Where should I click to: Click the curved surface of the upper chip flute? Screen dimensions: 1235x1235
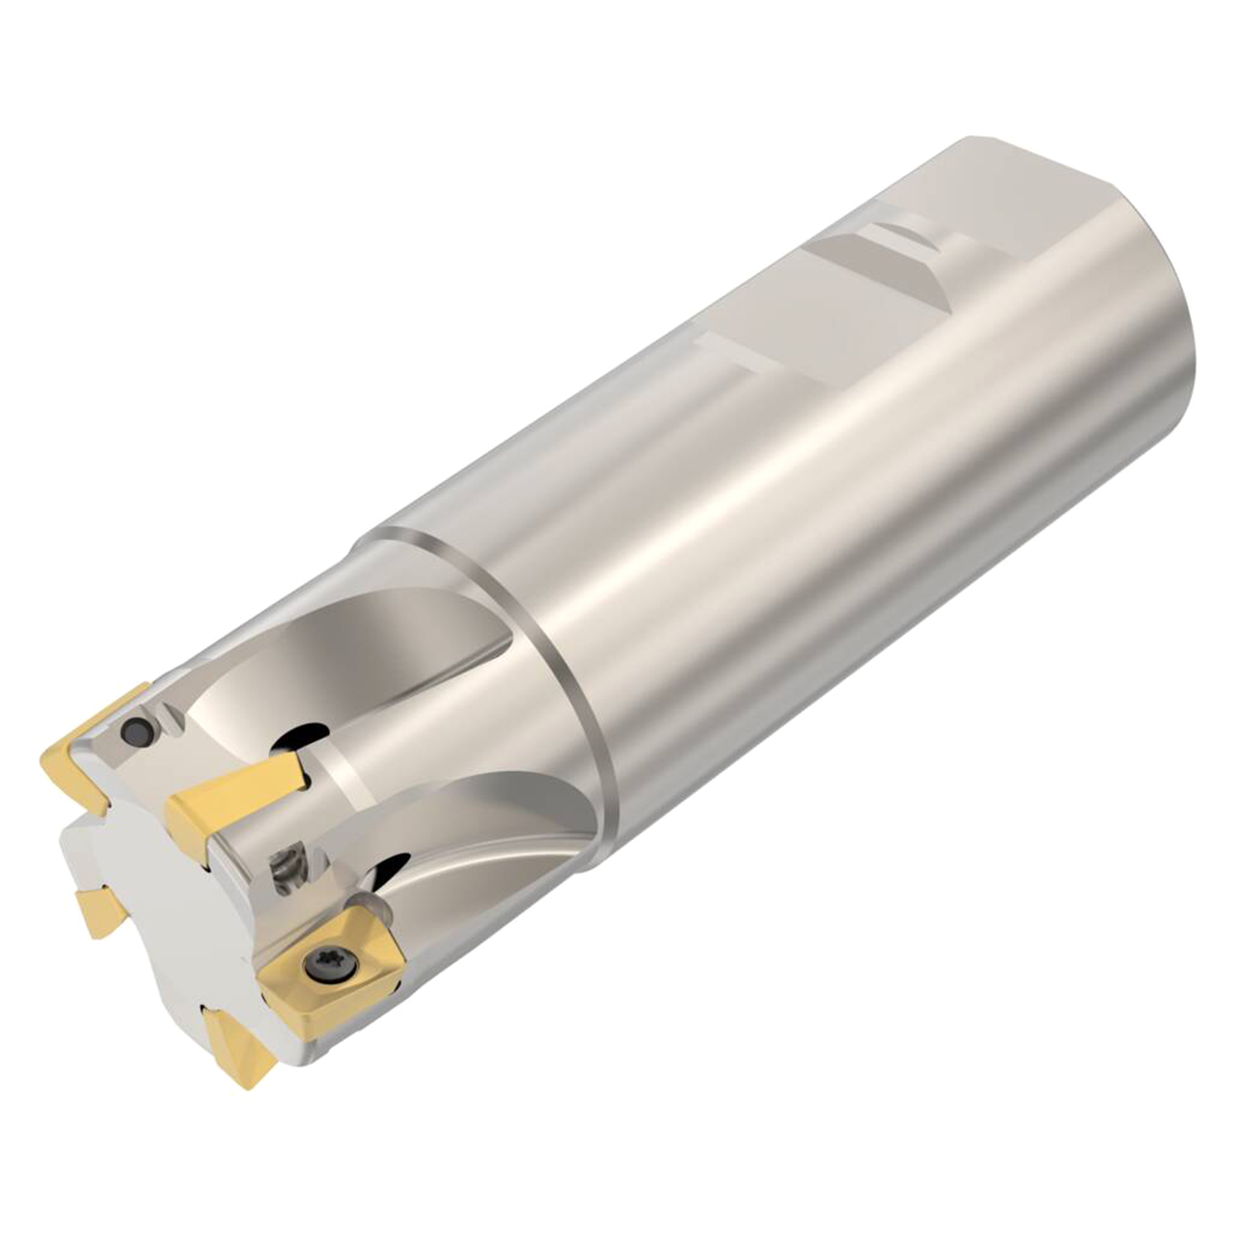(x=405, y=675)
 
